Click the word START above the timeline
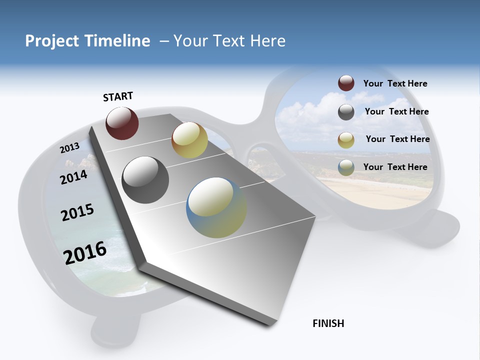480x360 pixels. pyautogui.click(x=118, y=96)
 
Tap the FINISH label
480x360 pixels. pyautogui.click(x=328, y=323)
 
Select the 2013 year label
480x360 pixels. pyautogui.click(x=69, y=147)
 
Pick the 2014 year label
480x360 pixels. pyautogui.click(x=73, y=176)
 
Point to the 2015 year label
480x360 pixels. pyautogui.click(x=77, y=212)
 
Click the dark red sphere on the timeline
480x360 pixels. pyautogui.click(x=122, y=123)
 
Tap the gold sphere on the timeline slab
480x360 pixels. pyautogui.click(x=189, y=140)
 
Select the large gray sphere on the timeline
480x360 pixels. pyautogui.click(x=145, y=180)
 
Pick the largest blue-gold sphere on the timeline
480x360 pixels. pyautogui.click(x=216, y=207)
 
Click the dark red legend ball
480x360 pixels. pyautogui.click(x=346, y=83)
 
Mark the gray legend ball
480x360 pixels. pyautogui.click(x=346, y=112)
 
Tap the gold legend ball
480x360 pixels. pyautogui.click(x=346, y=140)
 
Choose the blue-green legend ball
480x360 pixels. pyautogui.click(x=346, y=168)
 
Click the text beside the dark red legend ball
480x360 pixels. pyautogui.click(x=395, y=83)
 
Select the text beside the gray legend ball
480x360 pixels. pyautogui.click(x=396, y=111)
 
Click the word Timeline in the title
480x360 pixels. pyautogui.click(x=118, y=41)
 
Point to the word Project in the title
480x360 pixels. pyautogui.click(x=52, y=41)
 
